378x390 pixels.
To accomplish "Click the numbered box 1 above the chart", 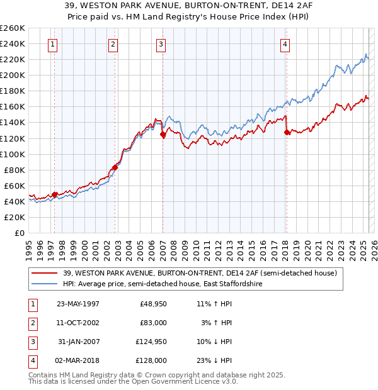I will point(52,44).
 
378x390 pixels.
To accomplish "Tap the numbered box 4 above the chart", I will point(285,44).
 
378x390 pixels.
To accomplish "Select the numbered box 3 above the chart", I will point(161,44).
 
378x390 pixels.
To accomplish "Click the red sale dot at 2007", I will point(163,134).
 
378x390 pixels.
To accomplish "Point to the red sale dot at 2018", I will point(287,132).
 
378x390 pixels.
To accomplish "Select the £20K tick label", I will point(15,217).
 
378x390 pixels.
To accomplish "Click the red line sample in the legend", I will point(45,273).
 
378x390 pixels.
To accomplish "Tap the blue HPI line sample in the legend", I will point(45,284).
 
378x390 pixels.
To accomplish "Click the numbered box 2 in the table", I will point(31,323).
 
